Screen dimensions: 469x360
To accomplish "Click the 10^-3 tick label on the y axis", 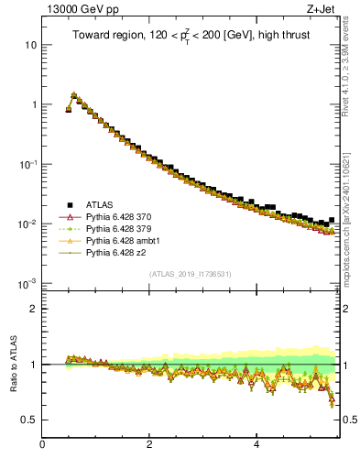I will [x=27, y=283].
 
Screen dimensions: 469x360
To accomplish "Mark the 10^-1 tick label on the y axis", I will [x=27, y=164].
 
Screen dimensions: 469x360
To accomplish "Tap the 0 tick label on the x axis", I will [x=42, y=446].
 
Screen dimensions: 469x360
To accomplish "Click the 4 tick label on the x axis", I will [x=256, y=446].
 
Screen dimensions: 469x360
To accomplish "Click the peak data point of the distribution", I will [x=74, y=94].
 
